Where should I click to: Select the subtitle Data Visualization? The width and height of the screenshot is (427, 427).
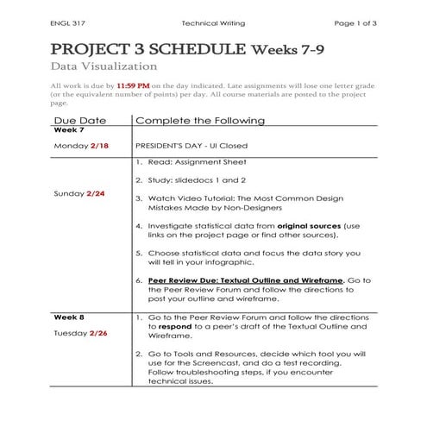[x=104, y=66]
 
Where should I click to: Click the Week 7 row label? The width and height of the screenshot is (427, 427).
[x=68, y=130]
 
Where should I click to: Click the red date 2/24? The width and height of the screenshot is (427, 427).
[x=96, y=193]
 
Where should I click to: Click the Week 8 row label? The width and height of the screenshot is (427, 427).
[x=68, y=317]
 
